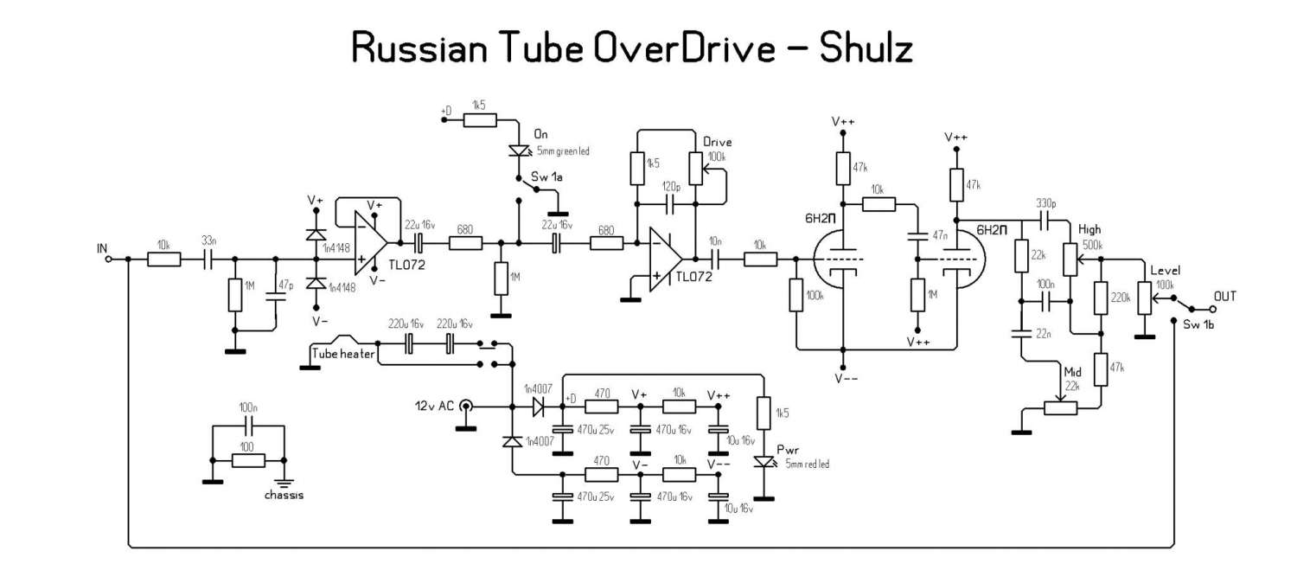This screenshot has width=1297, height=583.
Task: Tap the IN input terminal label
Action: tap(103, 248)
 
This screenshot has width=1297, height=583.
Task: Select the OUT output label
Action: tap(1225, 296)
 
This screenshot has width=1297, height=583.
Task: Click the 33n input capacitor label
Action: tap(209, 240)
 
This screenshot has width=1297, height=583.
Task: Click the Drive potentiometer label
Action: tap(719, 141)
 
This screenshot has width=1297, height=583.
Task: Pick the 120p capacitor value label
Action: tap(672, 187)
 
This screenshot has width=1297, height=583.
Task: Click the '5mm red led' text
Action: tap(807, 464)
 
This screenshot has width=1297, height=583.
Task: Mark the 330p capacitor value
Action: tap(1048, 202)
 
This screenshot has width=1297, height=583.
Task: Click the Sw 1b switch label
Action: tap(1193, 326)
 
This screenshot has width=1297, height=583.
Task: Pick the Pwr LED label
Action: tap(788, 451)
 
